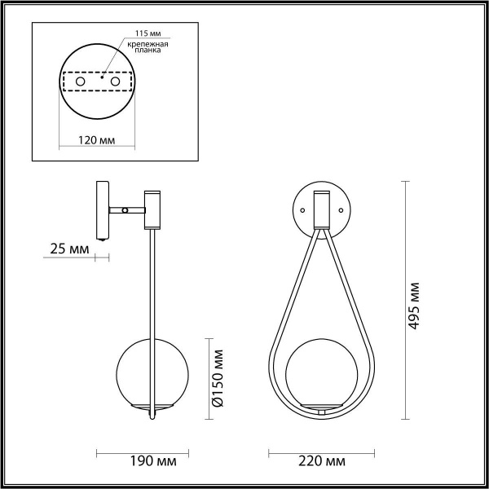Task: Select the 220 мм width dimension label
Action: pos(324,462)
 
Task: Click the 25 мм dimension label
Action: pos(69,248)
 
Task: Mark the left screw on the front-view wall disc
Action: pos(302,209)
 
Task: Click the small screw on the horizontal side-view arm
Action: pos(124,210)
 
